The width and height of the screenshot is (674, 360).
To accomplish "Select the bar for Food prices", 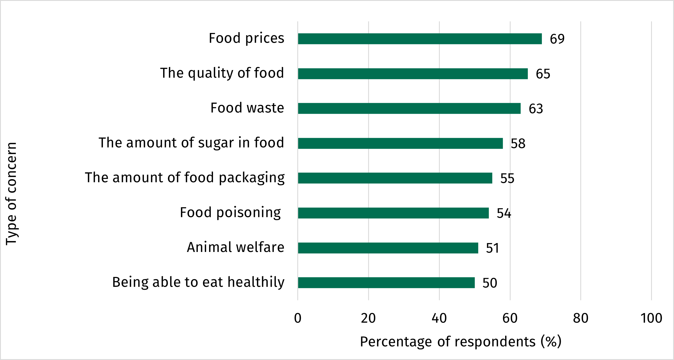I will (420, 39).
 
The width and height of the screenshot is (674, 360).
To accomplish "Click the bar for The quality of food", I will (413, 74).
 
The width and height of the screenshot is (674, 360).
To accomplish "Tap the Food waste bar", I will (409, 108).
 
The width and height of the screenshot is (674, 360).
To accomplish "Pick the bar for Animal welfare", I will (388, 248).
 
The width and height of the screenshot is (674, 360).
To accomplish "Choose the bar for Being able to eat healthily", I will (386, 283).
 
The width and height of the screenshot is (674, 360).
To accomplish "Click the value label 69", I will (557, 39).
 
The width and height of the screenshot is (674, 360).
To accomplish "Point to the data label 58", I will (518, 144).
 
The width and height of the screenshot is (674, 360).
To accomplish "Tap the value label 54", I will (504, 213).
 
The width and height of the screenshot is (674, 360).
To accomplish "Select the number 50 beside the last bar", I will (490, 283).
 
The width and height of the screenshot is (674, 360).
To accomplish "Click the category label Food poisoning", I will (230, 213).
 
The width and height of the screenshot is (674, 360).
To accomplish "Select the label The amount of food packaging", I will (185, 178).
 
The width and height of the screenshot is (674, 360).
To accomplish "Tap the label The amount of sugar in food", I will (191, 143).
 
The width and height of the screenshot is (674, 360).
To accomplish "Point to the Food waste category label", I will (247, 108).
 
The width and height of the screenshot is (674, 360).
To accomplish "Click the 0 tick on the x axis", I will (298, 318).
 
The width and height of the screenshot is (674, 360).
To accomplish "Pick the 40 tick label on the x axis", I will (439, 318).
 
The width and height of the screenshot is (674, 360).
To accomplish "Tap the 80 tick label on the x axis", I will (581, 318).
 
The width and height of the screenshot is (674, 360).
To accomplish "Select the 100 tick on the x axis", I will (651, 318).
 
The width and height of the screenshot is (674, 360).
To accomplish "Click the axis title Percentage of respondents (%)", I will (460, 342).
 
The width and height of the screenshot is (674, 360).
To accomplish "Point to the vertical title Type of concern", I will (11, 194).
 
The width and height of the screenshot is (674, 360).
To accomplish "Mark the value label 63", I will (536, 109).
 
